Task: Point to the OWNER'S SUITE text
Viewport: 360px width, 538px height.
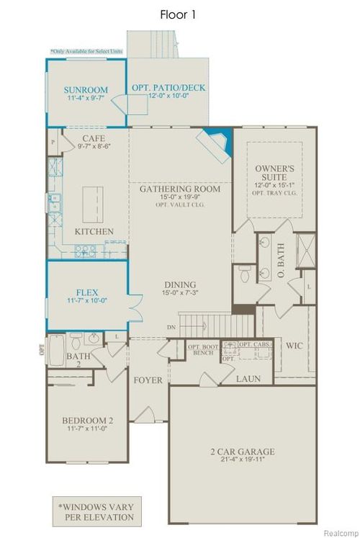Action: pyautogui.click(x=271, y=171)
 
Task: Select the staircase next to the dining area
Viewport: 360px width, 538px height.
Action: pyautogui.click(x=206, y=321)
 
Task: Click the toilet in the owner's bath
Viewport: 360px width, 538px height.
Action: pyautogui.click(x=243, y=274)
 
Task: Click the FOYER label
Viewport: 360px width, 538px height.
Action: pyautogui.click(x=148, y=380)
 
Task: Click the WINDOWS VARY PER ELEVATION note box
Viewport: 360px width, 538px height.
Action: pyautogui.click(x=95, y=510)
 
